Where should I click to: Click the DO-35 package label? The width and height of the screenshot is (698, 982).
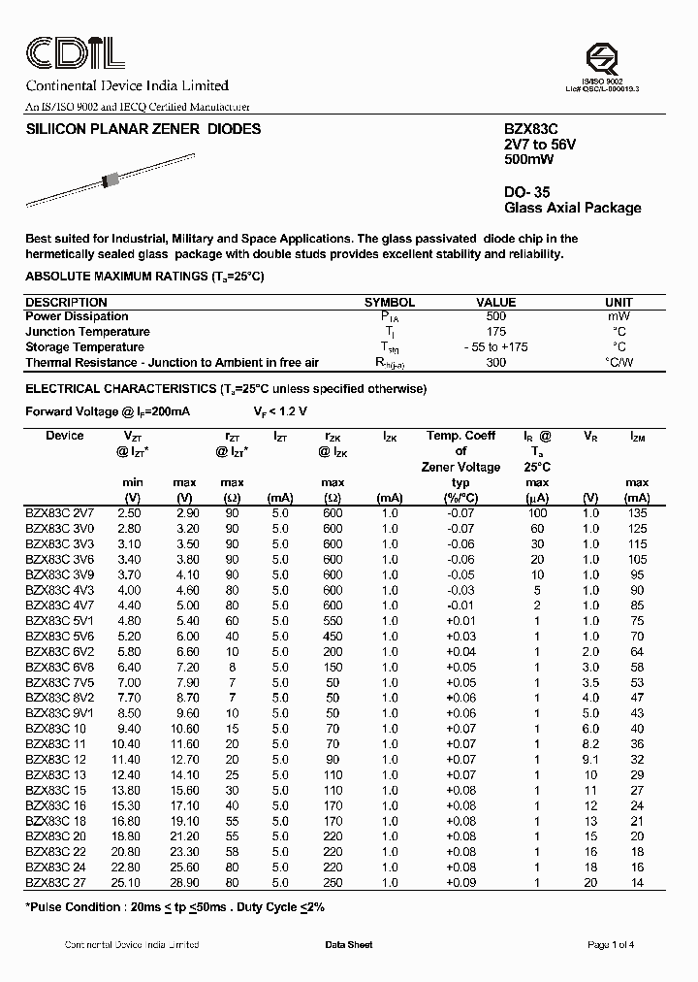527,192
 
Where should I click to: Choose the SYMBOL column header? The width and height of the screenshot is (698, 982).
389,302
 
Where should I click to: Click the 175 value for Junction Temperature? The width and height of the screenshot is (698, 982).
496,332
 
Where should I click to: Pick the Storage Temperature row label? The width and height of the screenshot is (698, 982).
84,347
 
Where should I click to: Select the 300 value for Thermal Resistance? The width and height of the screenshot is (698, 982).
496,363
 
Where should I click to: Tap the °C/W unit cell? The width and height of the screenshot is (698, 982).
619,363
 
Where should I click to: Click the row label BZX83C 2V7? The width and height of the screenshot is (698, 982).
60,513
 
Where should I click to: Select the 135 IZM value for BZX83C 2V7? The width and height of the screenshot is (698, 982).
636,513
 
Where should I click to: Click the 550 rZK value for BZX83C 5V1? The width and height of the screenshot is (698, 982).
333,621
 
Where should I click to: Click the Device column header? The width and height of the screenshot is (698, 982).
65,436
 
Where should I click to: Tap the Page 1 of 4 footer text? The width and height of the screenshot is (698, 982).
611,945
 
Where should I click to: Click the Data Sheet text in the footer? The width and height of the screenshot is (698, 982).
348,945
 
